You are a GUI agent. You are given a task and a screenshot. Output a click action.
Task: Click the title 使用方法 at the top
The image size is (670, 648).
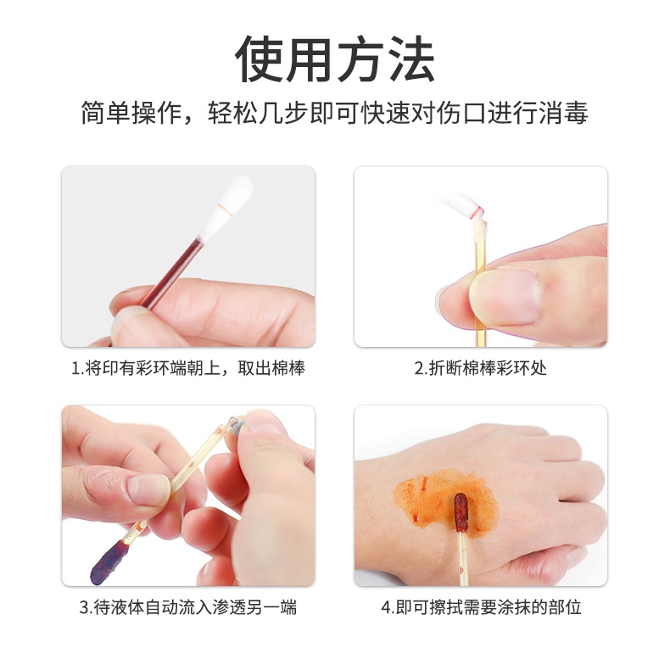click(x=335, y=59)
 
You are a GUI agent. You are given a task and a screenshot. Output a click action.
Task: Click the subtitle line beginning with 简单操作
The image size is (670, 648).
click(x=335, y=114)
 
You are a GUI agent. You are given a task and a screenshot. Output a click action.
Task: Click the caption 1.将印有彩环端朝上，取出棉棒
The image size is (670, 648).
click(x=187, y=368)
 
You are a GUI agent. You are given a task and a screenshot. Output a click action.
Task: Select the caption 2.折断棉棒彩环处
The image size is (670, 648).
click(x=480, y=368)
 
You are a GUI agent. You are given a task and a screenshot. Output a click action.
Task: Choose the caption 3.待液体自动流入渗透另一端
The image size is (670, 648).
click(x=187, y=607)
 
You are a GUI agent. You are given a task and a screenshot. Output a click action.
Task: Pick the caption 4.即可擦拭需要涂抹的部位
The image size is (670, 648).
click(x=480, y=607)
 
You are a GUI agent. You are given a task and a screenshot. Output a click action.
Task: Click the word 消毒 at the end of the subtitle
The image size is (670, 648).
click(x=567, y=114)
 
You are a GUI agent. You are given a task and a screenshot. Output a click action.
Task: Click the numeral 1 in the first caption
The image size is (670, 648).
click(x=75, y=369)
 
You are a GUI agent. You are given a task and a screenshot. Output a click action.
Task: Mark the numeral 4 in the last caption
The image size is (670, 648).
click(x=386, y=608)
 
